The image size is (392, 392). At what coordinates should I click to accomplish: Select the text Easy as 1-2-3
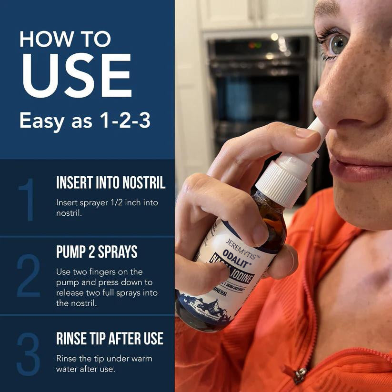point(85,121)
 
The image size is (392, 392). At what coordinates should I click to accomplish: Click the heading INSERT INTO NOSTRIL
point(111,182)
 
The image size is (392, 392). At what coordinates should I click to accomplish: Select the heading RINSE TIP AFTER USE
point(110,339)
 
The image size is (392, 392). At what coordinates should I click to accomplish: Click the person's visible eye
point(337,44)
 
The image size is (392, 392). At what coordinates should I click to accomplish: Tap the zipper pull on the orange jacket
point(300,375)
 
